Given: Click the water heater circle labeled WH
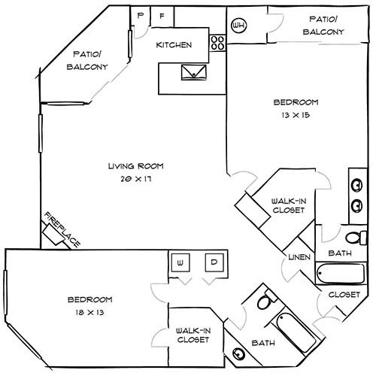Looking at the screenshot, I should point(240,26).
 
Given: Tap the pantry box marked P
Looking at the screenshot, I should point(140,15).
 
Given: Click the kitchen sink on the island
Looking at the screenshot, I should point(190,71).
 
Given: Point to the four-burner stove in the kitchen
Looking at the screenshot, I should point(217,43).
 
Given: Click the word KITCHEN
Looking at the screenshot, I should point(173,45).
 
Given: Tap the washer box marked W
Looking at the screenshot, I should point(181,263).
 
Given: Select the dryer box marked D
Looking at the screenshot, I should point(214,263).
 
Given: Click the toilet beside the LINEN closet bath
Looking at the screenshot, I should point(362,238).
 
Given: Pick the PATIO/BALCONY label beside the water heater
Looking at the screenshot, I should point(323,25).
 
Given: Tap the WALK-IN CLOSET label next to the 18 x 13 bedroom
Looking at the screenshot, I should point(193,335).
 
